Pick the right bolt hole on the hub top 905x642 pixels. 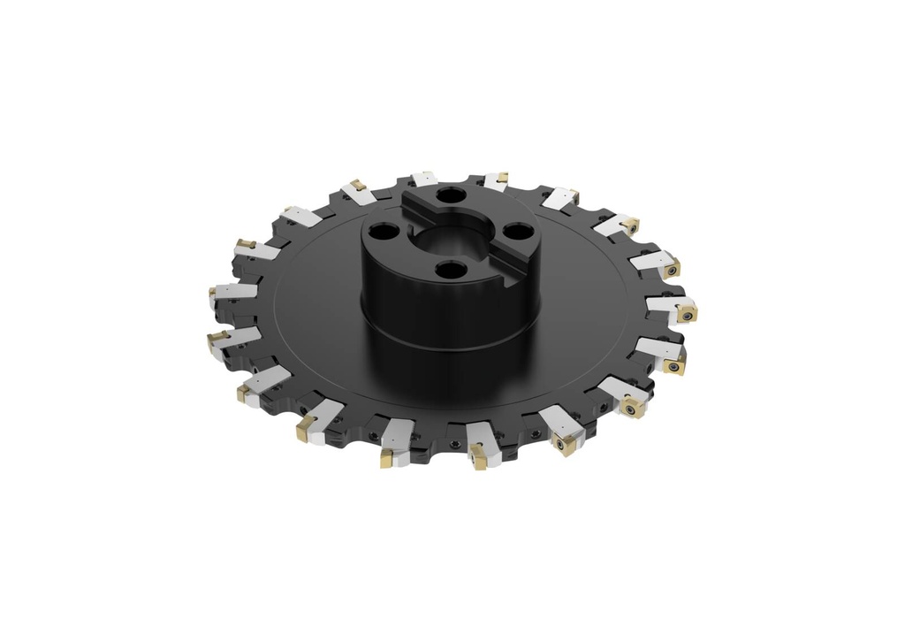515,235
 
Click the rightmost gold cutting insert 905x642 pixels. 685,311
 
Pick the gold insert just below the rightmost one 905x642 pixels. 674,363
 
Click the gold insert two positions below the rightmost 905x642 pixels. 629,407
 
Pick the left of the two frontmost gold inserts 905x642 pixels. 387,459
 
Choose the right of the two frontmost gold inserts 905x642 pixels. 477,457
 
